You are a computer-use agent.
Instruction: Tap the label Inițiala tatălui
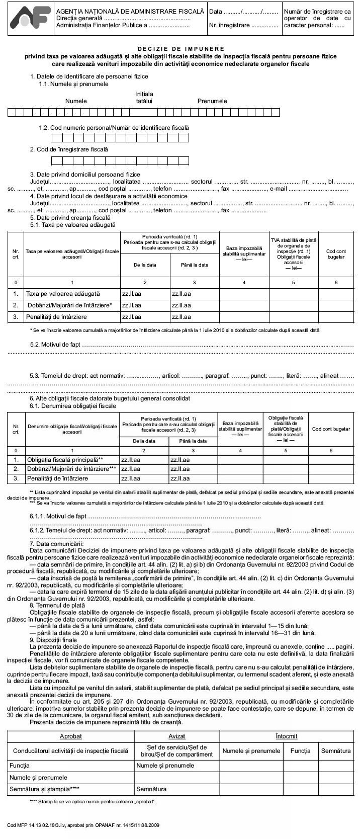pos(144,98)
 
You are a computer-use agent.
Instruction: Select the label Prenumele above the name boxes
pos(212,101)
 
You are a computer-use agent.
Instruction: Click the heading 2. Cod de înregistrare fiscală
pos(69,149)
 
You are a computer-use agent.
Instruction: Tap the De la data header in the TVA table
pos(145,265)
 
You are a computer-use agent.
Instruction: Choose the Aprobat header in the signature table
pos(71,736)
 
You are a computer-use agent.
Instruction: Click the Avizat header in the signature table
pos(177,736)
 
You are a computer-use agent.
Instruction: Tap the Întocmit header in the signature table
pos(287,736)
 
